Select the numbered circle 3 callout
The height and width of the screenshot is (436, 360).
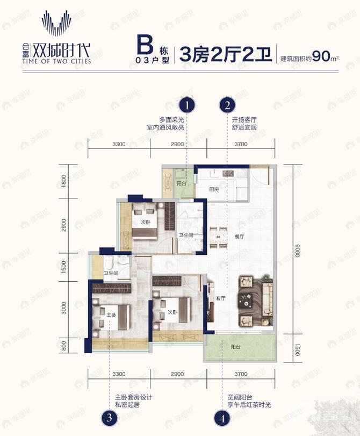[x=110, y=417]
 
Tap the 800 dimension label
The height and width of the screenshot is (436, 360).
[x=63, y=347]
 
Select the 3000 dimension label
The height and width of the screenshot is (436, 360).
[x=63, y=309]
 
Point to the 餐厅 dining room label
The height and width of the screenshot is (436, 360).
[x=240, y=236]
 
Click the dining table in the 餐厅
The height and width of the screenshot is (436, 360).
[x=218, y=237]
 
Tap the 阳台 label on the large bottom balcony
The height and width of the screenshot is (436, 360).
[x=236, y=347]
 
